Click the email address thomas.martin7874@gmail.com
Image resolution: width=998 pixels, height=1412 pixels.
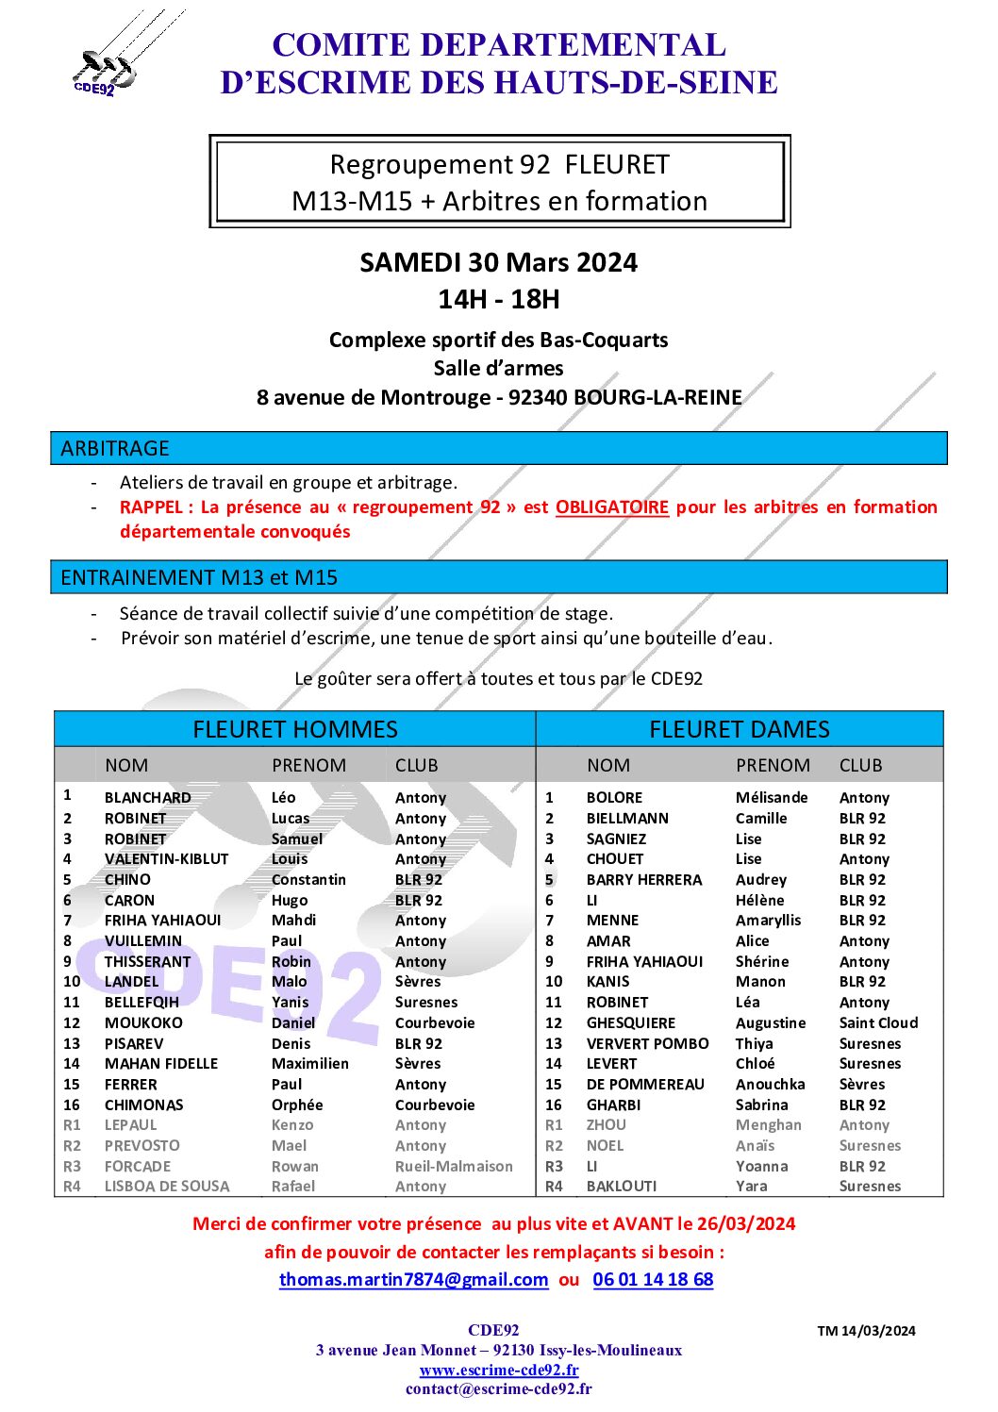[413, 1280]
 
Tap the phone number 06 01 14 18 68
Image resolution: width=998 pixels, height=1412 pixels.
[653, 1280]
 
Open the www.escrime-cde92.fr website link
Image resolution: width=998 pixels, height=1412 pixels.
[499, 1370]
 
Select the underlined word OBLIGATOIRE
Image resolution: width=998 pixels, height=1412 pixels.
[611, 507]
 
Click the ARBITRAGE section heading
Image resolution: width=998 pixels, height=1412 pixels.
[115, 449]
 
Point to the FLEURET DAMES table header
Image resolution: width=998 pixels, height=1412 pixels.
[740, 729]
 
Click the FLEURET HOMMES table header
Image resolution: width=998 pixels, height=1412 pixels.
[295, 729]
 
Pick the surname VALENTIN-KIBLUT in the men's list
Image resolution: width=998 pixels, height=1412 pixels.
[166, 859]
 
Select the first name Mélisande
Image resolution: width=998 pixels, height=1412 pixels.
[772, 798]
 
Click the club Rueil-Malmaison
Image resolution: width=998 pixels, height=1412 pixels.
[454, 1167]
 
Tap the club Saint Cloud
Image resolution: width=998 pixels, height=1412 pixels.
[878, 1023]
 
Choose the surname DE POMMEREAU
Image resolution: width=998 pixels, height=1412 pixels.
[645, 1085]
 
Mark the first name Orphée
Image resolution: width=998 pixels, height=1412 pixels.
[297, 1105]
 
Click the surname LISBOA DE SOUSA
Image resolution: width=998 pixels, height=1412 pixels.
[167, 1187]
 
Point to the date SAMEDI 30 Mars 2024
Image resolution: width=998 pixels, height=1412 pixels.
[498, 262]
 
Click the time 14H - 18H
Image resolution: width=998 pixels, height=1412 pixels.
[498, 300]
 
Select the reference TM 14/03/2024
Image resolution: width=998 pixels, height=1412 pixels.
[866, 1331]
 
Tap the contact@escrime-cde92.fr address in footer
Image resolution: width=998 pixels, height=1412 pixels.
[499, 1388]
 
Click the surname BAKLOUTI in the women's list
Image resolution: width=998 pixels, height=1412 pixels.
[622, 1187]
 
